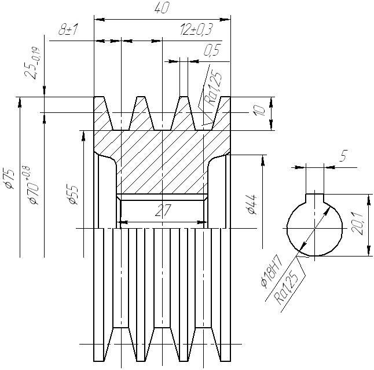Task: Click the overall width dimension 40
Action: (162, 8)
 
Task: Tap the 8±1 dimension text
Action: (68, 30)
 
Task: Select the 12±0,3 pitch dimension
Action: (196, 30)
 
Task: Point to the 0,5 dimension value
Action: (212, 50)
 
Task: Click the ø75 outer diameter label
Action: (10, 179)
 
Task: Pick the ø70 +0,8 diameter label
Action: (33, 185)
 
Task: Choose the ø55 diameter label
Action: (73, 195)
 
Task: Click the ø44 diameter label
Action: (252, 204)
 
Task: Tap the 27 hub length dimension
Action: (163, 210)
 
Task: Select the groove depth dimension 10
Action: (259, 111)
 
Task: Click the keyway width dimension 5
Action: (343, 156)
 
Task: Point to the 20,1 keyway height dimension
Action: (357, 224)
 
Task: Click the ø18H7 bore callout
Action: (272, 273)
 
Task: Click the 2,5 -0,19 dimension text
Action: (32, 63)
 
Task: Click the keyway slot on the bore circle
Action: (315, 198)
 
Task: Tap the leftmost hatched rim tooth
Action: (103, 113)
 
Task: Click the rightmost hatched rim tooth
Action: (222, 113)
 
